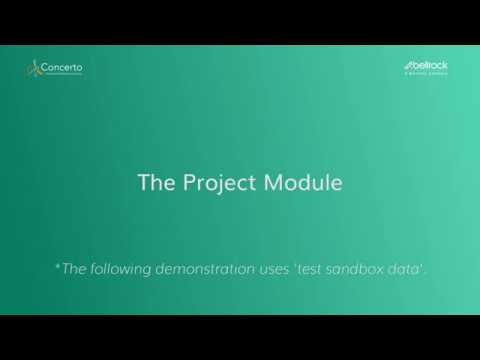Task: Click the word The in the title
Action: [155, 184]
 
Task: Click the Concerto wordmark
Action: [62, 68]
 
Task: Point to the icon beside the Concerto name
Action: [33, 69]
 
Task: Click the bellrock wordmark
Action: [431, 65]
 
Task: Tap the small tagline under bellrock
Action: [427, 73]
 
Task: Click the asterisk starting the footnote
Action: [57, 266]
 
